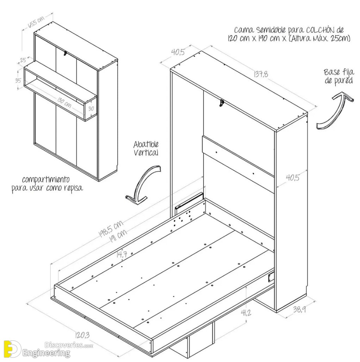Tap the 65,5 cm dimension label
pyautogui.click(x=36, y=22)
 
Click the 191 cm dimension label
pyautogui.click(x=118, y=235)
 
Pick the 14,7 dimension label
pyautogui.click(x=122, y=255)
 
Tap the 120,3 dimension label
pyautogui.click(x=82, y=335)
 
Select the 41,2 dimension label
pyautogui.click(x=246, y=313)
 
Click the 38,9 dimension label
pyautogui.click(x=299, y=309)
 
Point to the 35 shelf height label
pyautogui.click(x=18, y=81)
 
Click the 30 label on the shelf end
pyautogui.click(x=91, y=108)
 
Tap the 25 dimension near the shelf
pyautogui.click(x=23, y=60)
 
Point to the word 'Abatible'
pyautogui.click(x=146, y=145)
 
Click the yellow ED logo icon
pyautogui.click(x=12, y=349)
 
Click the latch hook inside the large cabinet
pyautogui.click(x=222, y=103)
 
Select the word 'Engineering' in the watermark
pyautogui.click(x=46, y=353)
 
